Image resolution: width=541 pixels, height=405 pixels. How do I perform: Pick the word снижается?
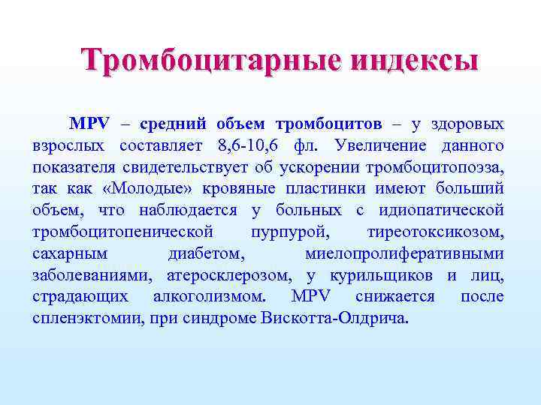coord(395,296)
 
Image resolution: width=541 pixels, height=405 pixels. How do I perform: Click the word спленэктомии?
coord(83,318)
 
